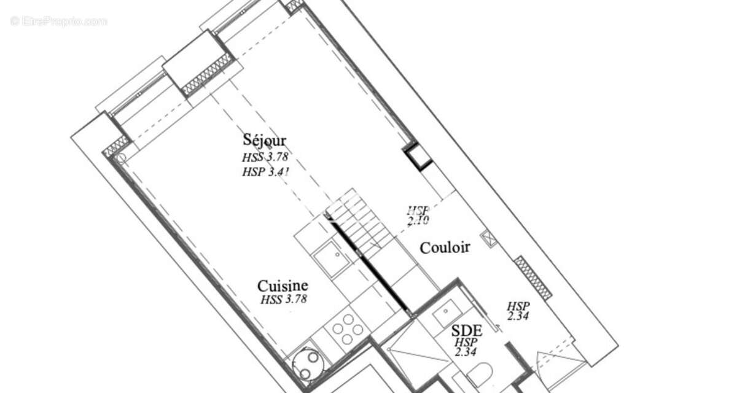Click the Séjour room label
coord(265,141)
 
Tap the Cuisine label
coord(283,286)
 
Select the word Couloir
coord(445,247)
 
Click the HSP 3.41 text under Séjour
coord(265,171)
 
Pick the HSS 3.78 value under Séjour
coord(265,157)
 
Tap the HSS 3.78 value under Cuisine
coord(284,300)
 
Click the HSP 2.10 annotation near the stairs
coord(418,215)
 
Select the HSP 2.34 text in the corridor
coord(518,311)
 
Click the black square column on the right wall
coord(419,157)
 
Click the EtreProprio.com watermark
coord(58,21)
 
